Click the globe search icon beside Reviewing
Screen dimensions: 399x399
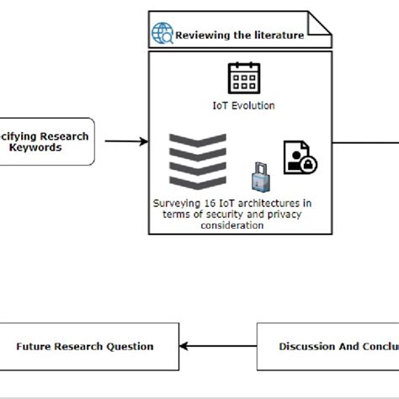pyautogui.click(x=162, y=34)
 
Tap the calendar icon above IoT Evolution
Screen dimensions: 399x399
pyautogui.click(x=244, y=77)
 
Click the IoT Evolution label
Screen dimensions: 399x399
pyautogui.click(x=243, y=105)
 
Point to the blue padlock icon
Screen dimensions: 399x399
pyautogui.click(x=259, y=178)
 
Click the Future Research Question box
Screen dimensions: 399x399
pyautogui.click(x=85, y=346)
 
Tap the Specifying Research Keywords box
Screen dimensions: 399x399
pyautogui.click(x=47, y=141)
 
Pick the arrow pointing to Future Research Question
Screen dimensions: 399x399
pyautogui.click(x=220, y=346)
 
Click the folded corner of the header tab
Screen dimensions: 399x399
pyautogui.click(x=319, y=24)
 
